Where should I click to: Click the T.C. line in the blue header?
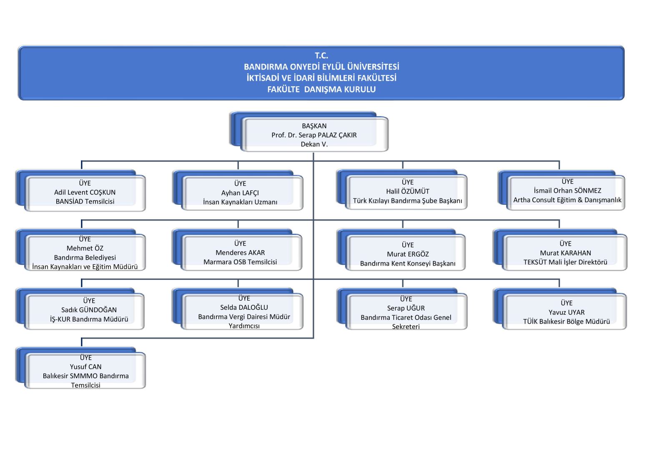coord(321,56)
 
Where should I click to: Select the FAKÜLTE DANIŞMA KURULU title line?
coord(321,89)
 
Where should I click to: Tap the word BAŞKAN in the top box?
coord(314,126)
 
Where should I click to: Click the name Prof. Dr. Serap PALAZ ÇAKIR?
coord(314,135)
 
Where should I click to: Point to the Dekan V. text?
coord(314,144)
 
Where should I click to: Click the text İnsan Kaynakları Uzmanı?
coord(240,202)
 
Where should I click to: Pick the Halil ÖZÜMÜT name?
coord(408,191)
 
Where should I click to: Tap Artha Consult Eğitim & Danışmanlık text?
coord(567,200)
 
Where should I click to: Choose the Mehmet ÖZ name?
coord(85,248)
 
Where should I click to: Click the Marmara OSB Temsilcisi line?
coord(240,262)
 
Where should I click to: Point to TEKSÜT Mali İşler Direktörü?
coord(565,262)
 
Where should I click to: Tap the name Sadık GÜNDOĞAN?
coord(89,310)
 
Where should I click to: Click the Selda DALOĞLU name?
coord(244,307)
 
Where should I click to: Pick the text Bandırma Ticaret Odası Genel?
coord(406,317)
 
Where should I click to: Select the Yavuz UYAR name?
coord(567,312)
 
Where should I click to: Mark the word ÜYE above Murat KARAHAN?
coord(565,244)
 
